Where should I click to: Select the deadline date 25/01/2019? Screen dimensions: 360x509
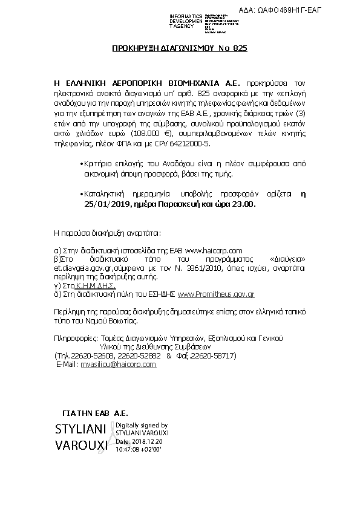tap(106, 204)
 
